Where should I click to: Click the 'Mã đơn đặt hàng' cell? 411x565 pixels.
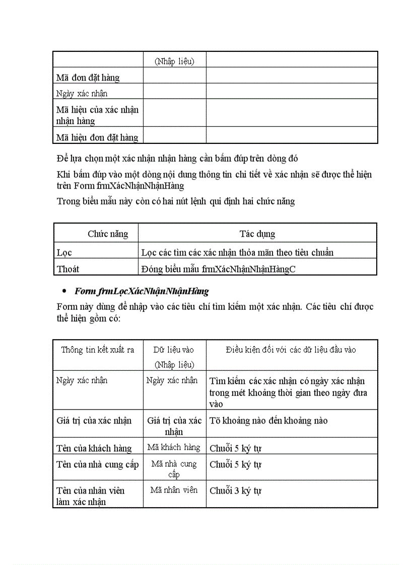click(x=88, y=77)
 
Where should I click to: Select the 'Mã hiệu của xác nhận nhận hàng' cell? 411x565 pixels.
click(x=97, y=115)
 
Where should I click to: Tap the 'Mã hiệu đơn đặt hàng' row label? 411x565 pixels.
click(x=97, y=137)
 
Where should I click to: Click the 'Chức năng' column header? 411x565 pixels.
click(x=108, y=234)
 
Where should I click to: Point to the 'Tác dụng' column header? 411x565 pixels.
click(x=257, y=234)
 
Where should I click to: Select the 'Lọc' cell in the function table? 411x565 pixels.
click(x=64, y=253)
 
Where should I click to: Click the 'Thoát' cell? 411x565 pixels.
click(x=68, y=269)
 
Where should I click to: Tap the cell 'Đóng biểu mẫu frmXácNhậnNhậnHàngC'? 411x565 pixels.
click(x=219, y=269)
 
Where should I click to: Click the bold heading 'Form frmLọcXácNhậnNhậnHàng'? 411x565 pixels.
click(x=142, y=291)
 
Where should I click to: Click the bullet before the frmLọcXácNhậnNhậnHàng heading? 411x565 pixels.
click(x=64, y=292)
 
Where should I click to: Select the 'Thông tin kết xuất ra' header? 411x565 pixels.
click(x=98, y=350)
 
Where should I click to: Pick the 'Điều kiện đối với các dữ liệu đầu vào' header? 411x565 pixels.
click(x=291, y=350)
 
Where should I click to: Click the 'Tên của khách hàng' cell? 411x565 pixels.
click(x=94, y=448)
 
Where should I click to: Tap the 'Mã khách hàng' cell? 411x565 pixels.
click(x=174, y=447)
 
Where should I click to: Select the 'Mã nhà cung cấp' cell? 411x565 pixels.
click(x=174, y=468)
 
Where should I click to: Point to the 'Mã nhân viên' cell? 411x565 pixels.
click(x=174, y=490)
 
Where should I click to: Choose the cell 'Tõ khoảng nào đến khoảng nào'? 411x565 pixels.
click(x=268, y=420)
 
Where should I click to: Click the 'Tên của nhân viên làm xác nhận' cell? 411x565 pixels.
click(x=91, y=496)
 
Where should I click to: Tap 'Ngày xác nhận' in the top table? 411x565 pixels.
click(x=82, y=94)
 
